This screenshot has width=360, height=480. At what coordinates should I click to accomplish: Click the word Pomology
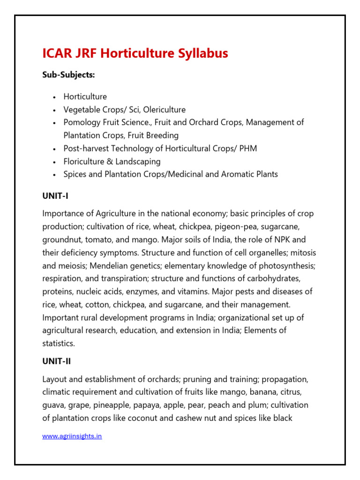(x=82, y=122)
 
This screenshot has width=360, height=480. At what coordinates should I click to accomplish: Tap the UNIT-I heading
(x=55, y=196)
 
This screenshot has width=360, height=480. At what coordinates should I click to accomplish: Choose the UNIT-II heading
(x=57, y=361)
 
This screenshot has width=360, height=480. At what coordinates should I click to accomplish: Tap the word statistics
(x=58, y=344)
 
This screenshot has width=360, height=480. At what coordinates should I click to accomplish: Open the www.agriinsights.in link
(x=72, y=436)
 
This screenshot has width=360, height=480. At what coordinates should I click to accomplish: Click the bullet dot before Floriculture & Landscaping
(x=55, y=162)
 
